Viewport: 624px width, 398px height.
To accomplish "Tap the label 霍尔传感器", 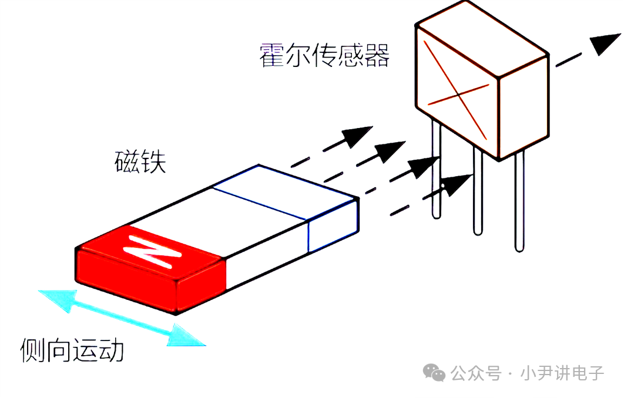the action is (x=324, y=55).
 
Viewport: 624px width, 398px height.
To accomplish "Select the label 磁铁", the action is (x=140, y=161).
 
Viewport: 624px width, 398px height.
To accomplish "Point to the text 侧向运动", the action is (x=72, y=350).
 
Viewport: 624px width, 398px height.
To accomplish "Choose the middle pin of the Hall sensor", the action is (x=478, y=190).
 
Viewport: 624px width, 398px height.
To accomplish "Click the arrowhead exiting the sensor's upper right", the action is (x=605, y=43).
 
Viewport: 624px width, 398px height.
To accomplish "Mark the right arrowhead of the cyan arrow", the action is (x=185, y=336).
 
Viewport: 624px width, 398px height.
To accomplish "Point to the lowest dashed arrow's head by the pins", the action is (x=457, y=183).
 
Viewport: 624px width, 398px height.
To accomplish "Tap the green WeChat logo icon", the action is (x=434, y=373).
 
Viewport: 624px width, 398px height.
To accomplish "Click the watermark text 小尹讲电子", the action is (x=562, y=373).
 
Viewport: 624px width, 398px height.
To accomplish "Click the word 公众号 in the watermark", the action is (x=475, y=373).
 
